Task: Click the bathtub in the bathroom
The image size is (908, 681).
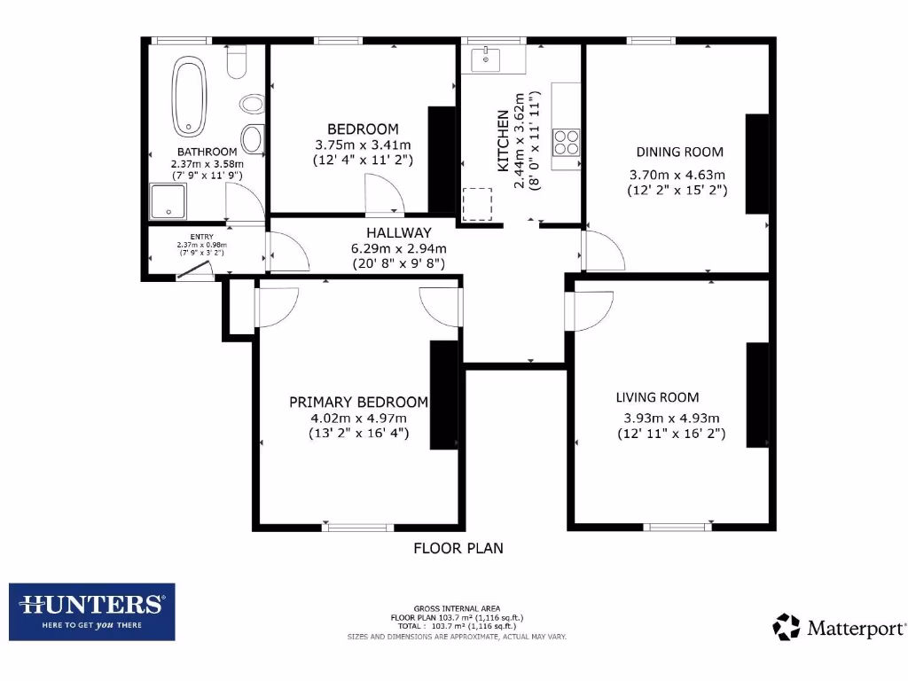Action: tap(187, 95)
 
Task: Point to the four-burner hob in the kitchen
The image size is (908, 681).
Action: tap(566, 142)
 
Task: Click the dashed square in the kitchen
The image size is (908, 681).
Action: tap(476, 204)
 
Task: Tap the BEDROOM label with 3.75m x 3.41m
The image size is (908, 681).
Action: tap(363, 129)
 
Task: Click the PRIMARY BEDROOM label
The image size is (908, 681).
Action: tap(358, 402)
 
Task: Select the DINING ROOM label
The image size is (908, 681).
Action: tap(678, 152)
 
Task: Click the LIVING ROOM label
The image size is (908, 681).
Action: tap(657, 397)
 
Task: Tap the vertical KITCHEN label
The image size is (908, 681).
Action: tap(503, 141)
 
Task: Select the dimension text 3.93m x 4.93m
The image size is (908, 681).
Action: tap(670, 419)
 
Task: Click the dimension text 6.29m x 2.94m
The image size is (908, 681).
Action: tap(398, 248)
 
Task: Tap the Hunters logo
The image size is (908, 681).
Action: tap(92, 611)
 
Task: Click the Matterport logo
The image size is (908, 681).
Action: tap(840, 628)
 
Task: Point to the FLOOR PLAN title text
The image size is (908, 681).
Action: tap(458, 548)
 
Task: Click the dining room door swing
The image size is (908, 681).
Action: tap(602, 251)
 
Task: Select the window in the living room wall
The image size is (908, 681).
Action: tap(677, 527)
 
